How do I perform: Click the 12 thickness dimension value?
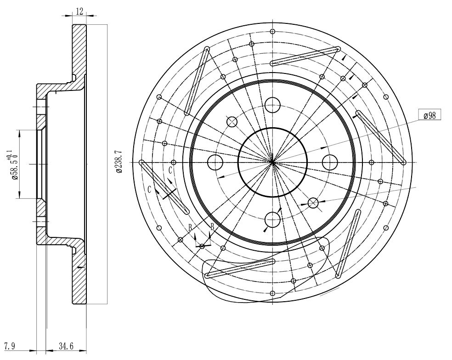79,11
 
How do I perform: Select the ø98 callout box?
429,115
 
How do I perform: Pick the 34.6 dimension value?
66,346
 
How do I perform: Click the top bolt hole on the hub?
273,105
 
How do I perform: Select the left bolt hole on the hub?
215,163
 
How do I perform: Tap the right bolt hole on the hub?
330,163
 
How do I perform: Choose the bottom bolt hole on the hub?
272,219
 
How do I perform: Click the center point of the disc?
272,163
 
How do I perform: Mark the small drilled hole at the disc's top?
273,31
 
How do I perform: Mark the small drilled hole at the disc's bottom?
273,293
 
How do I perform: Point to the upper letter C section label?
170,170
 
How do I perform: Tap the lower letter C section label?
149,189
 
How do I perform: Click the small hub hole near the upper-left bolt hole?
232,122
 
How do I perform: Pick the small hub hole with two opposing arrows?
313,203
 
